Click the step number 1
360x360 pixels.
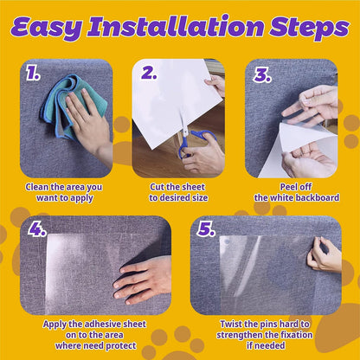pos(33,74)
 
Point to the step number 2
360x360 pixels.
pos(149,74)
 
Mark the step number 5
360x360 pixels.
pos(206,230)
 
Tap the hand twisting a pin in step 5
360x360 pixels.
pos(325,254)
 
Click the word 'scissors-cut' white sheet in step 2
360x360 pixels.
pos(173,100)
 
